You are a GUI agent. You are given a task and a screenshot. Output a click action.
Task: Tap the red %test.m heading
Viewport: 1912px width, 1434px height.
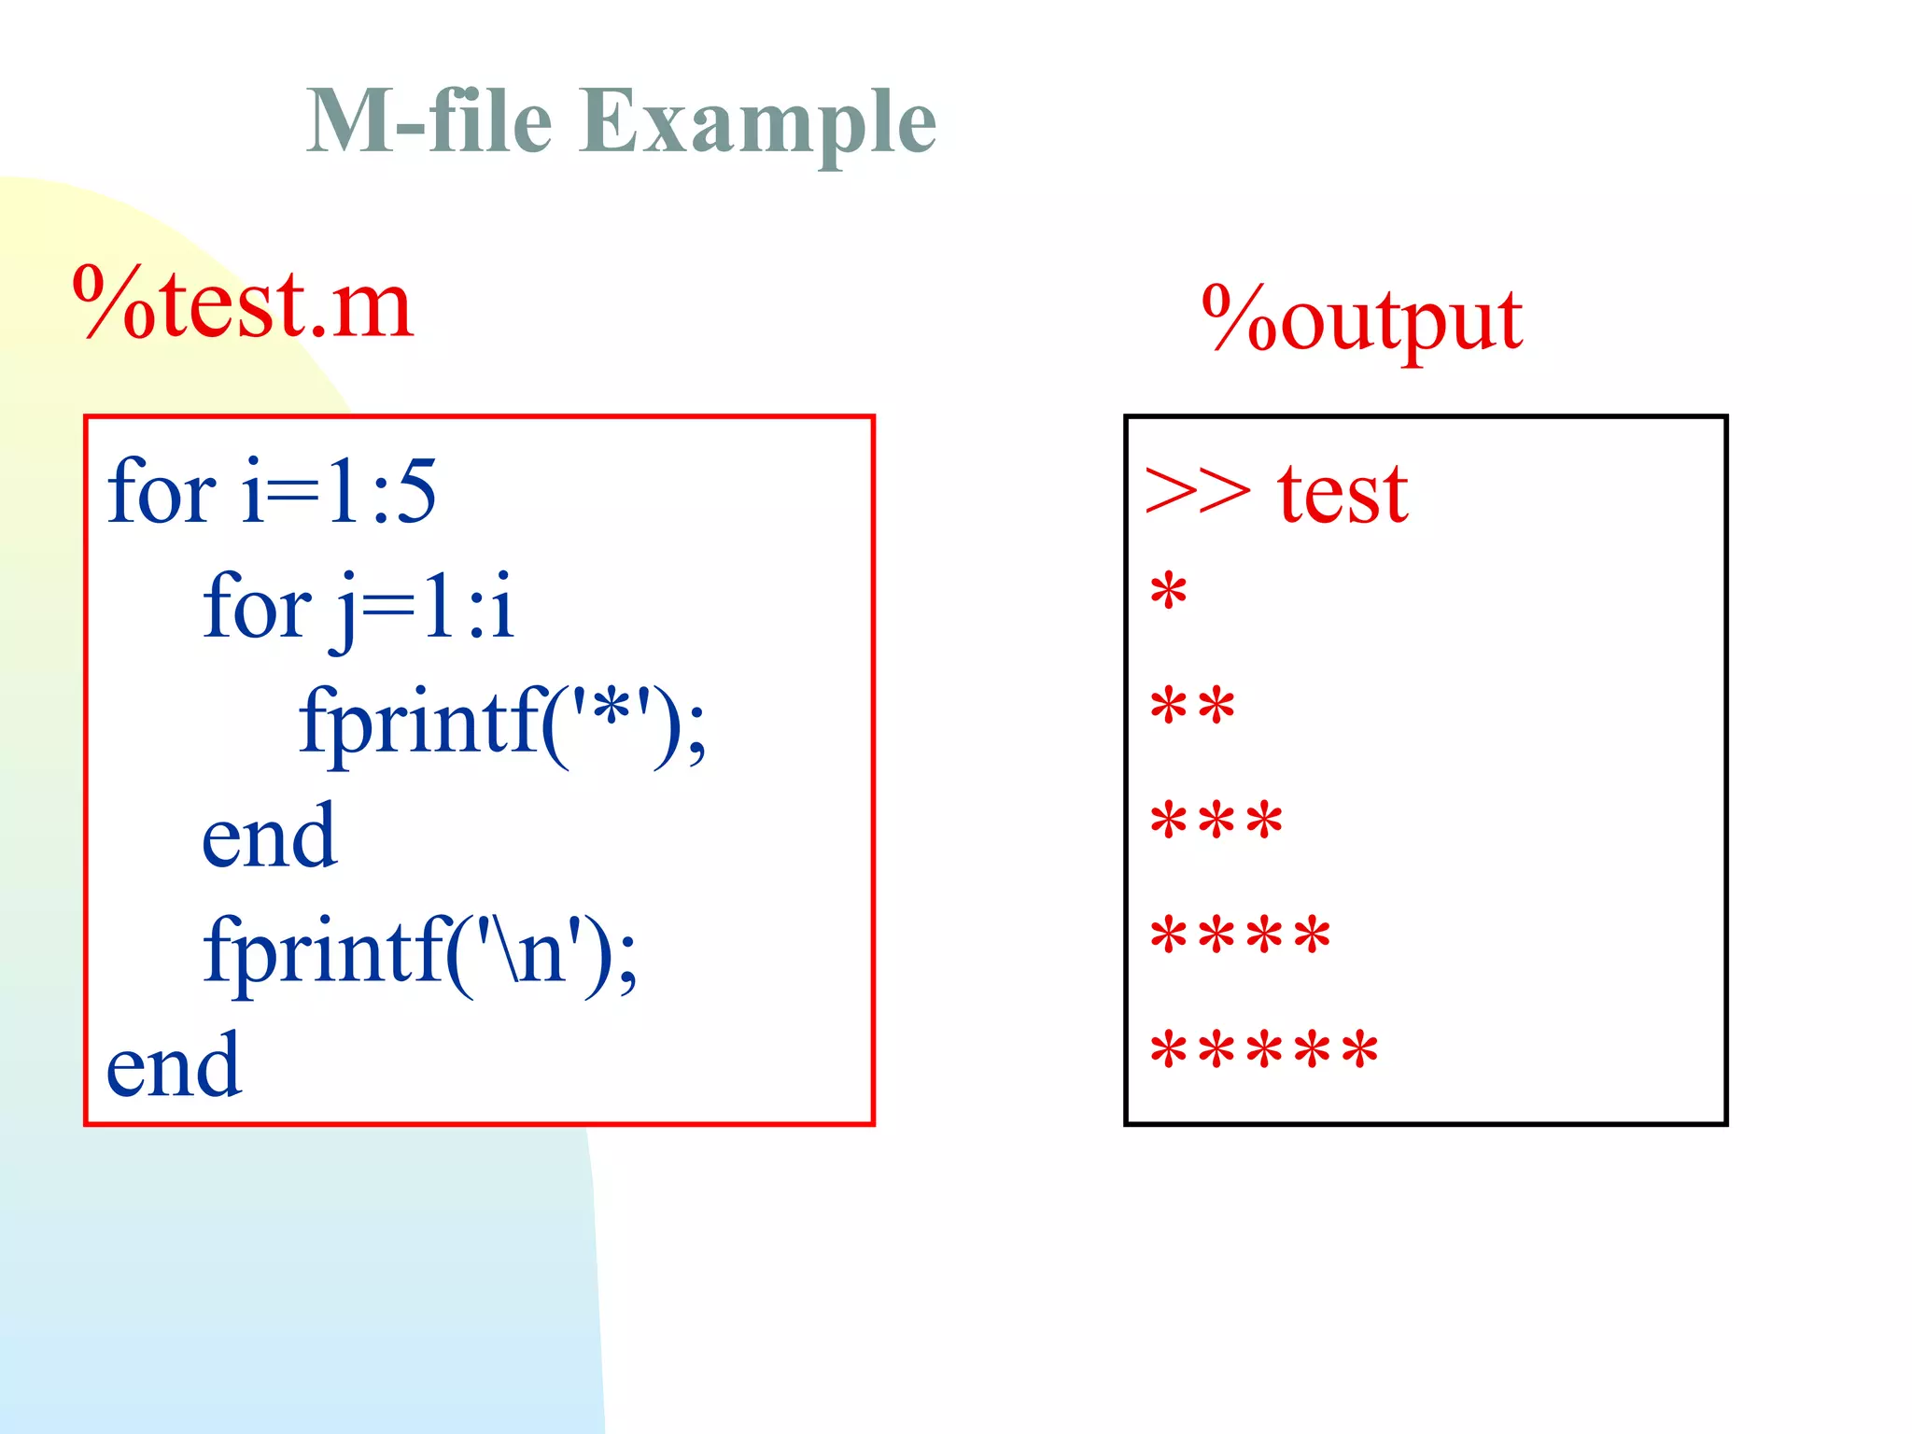pos(243,303)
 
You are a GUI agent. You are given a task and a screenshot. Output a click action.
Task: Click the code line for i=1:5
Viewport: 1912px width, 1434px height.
pos(271,491)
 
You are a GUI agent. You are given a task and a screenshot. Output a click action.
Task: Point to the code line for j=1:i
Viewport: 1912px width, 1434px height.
pos(358,607)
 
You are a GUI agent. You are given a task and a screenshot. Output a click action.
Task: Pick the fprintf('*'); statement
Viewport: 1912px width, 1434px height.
pos(502,722)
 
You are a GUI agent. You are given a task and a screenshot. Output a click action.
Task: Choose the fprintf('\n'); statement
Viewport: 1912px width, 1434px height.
pos(420,950)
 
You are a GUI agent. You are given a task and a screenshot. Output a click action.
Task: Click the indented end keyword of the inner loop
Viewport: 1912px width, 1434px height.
pos(269,836)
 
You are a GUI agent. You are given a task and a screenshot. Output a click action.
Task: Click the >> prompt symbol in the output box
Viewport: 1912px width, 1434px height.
pos(1197,491)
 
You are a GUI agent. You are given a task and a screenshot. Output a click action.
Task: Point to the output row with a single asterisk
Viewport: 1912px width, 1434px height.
pos(1168,592)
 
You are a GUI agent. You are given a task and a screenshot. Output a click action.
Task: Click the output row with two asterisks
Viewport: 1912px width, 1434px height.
pos(1192,706)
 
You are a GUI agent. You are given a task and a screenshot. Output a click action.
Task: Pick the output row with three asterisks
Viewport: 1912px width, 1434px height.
pos(1216,821)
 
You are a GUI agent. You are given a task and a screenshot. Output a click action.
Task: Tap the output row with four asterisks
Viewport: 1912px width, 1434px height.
pos(1240,935)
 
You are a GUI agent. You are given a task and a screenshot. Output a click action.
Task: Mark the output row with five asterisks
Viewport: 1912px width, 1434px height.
pos(1264,1049)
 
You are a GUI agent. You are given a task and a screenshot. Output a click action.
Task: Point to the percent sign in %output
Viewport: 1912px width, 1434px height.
pos(1238,317)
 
